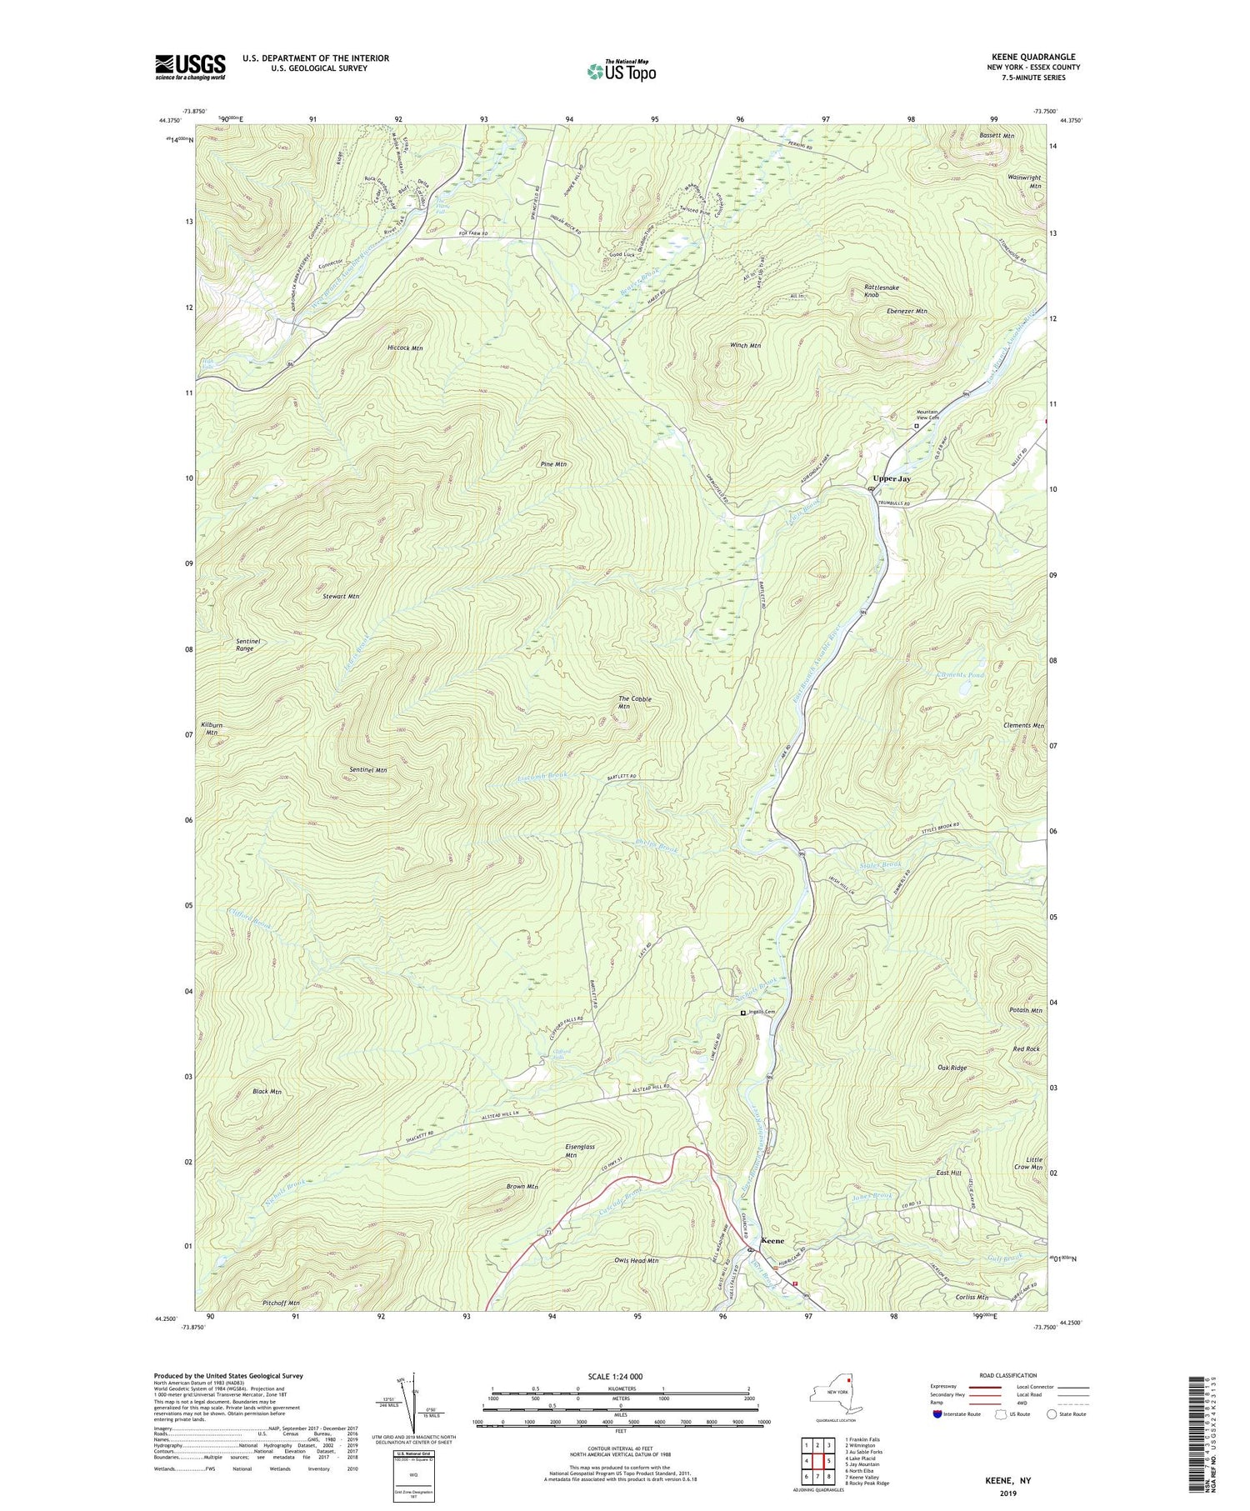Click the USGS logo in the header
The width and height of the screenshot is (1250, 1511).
190,67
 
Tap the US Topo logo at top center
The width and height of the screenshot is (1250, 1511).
621,72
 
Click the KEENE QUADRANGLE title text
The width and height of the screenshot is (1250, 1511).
1029,57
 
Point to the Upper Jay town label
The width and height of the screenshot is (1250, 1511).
891,479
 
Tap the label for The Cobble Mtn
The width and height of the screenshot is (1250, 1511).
634,703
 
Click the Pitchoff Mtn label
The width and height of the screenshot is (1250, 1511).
280,1326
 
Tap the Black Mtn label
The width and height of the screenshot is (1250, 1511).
267,1091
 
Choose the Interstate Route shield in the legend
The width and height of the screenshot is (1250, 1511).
937,1414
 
